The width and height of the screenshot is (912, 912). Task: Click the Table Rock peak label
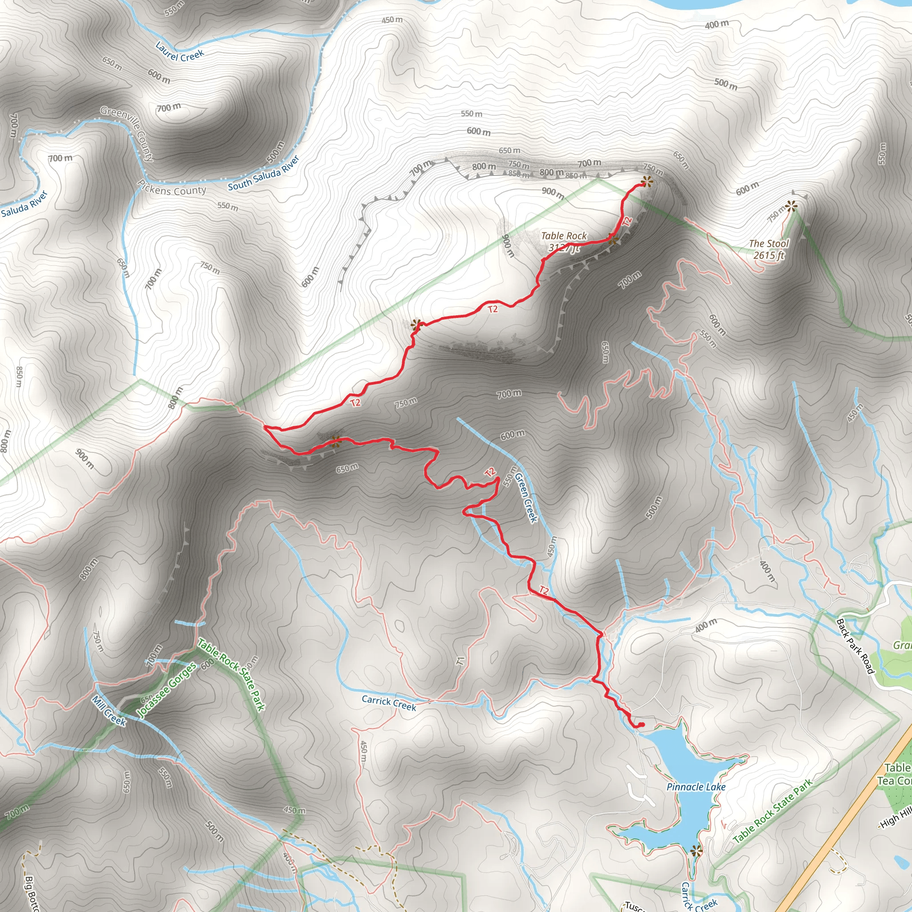coord(564,236)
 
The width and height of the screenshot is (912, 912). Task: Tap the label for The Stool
coord(769,244)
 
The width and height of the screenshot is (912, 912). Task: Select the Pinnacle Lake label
coord(696,787)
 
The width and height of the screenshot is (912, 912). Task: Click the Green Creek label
coord(526,497)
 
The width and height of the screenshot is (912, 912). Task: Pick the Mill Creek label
coord(109,710)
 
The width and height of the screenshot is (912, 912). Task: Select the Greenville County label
coord(127,134)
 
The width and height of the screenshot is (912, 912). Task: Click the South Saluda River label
coord(264,173)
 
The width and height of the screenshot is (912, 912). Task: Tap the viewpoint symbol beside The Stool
coord(791,206)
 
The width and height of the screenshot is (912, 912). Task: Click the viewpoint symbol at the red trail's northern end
coord(647,181)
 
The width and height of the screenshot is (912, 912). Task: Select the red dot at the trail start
coord(642,725)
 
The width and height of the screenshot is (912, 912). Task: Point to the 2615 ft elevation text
coord(769,255)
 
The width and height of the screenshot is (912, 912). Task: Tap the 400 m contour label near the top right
coord(717,24)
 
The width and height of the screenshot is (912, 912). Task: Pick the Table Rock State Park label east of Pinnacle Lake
coord(773,811)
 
